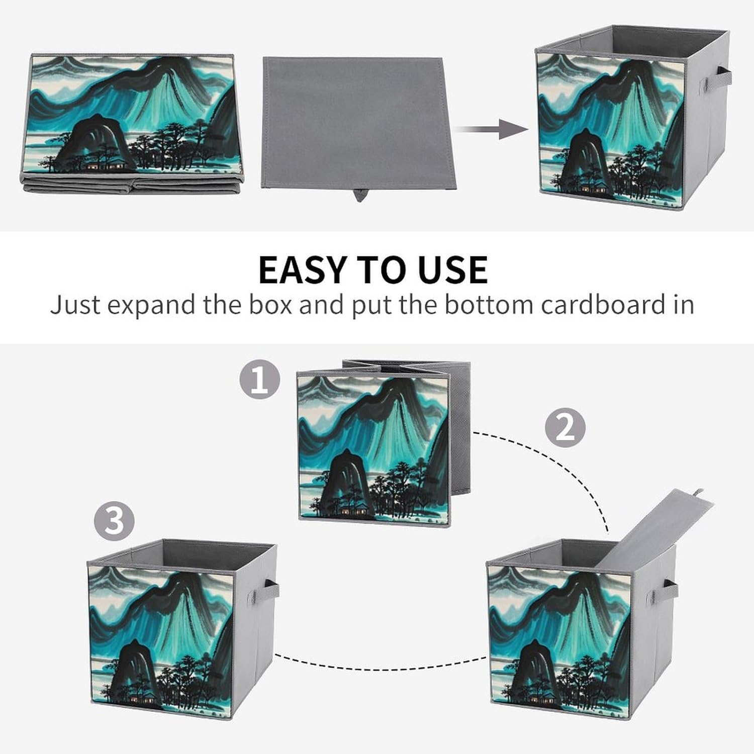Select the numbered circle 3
tap(114, 520)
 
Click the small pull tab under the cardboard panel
tap(360, 195)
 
